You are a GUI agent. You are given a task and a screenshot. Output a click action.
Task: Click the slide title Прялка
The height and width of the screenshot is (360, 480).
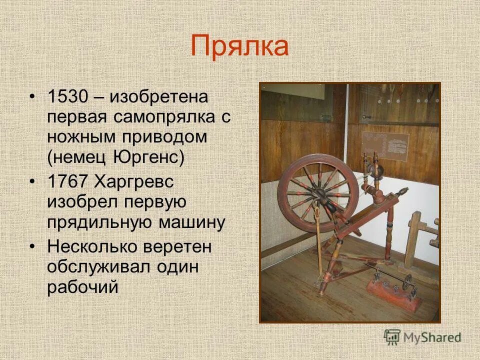(x=239, y=46)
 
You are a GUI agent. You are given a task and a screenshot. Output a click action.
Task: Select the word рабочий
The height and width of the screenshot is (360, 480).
(x=82, y=287)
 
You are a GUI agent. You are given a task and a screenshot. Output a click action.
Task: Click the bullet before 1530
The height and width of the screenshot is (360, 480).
(x=32, y=96)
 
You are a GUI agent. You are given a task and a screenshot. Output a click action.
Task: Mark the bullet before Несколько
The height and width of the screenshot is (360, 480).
(x=32, y=246)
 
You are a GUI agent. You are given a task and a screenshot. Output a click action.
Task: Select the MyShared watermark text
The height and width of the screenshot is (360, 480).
(x=432, y=337)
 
